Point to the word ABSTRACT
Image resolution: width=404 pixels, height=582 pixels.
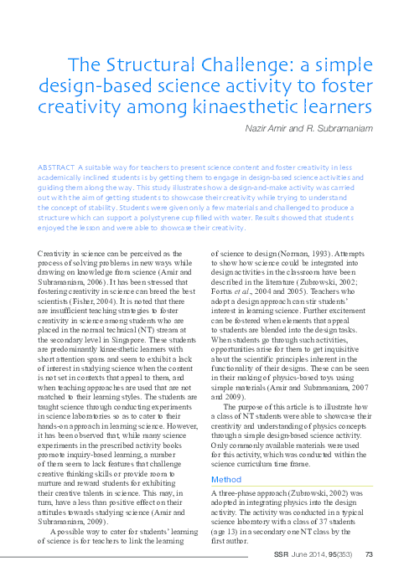tap(56, 167)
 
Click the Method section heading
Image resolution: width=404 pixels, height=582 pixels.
tap(225, 480)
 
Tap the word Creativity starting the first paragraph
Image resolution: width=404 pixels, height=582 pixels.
tap(60, 252)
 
